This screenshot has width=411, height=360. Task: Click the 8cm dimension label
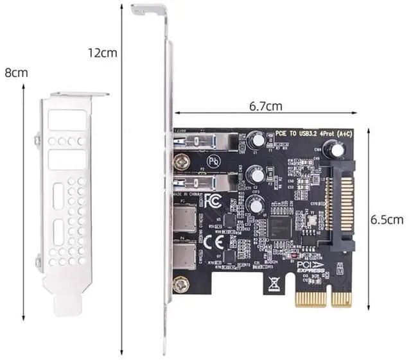17,73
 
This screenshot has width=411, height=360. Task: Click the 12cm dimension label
102,53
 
